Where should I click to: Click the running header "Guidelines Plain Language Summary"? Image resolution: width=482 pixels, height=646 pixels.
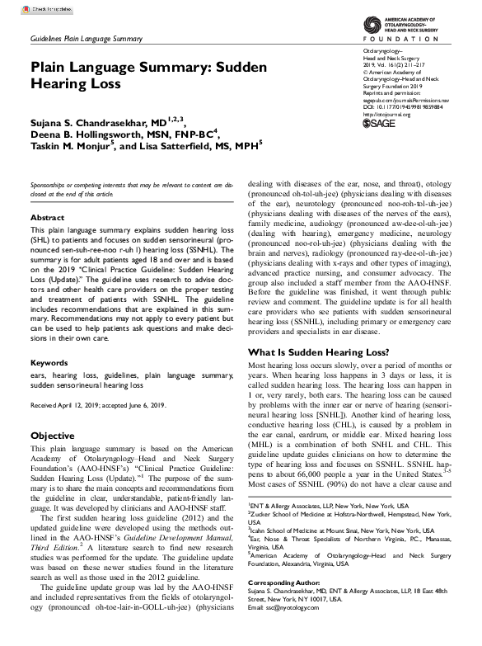point(86,39)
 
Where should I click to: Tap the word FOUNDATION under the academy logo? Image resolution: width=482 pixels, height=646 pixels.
point(407,38)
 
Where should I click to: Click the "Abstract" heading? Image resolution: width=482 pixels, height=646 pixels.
point(47,218)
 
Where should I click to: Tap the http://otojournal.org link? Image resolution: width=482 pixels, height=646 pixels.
point(386,136)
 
